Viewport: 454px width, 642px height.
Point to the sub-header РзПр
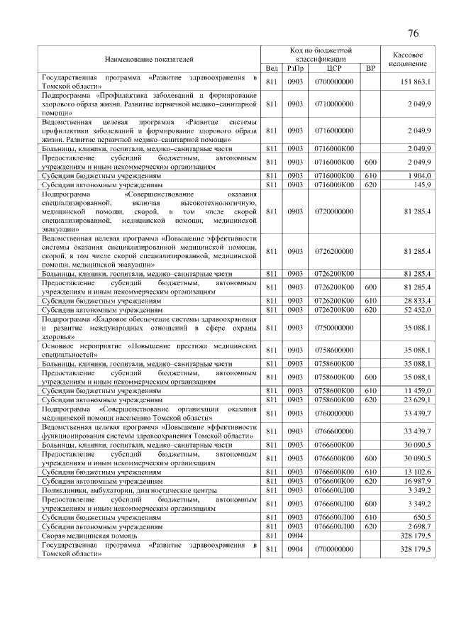point(294,68)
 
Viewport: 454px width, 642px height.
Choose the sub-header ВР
point(370,68)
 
